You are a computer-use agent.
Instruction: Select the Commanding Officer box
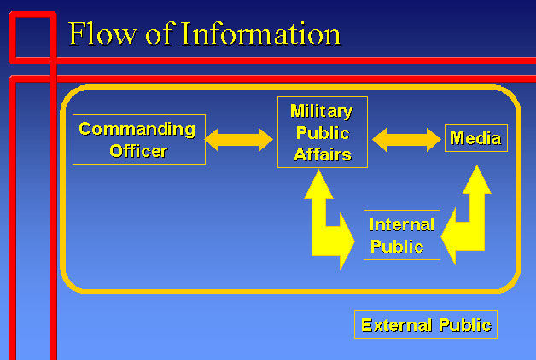138,139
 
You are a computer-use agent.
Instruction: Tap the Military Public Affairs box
323,132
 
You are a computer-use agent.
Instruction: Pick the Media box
476,138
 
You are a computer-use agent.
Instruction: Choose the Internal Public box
402,235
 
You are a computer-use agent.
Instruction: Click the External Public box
426,324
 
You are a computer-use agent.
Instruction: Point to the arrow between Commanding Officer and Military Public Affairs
239,139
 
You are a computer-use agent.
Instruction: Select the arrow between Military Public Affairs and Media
406,139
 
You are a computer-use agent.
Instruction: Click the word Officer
137,151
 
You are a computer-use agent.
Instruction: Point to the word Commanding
137,129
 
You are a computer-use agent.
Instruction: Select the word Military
321,111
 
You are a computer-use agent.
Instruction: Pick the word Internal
402,224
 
